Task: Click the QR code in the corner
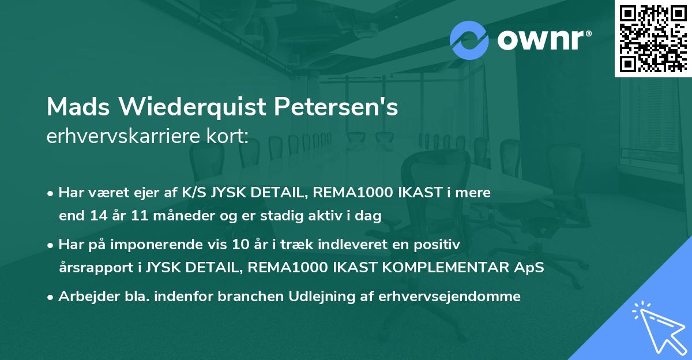(652, 39)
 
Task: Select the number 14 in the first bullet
(95, 216)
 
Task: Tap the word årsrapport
(95, 268)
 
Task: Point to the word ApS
(531, 268)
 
